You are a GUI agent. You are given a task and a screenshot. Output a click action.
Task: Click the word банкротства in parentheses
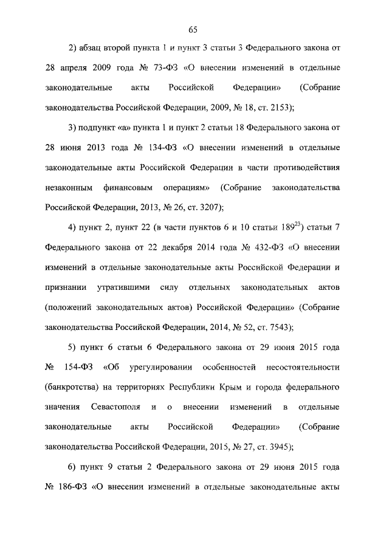pyautogui.click(x=71, y=387)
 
